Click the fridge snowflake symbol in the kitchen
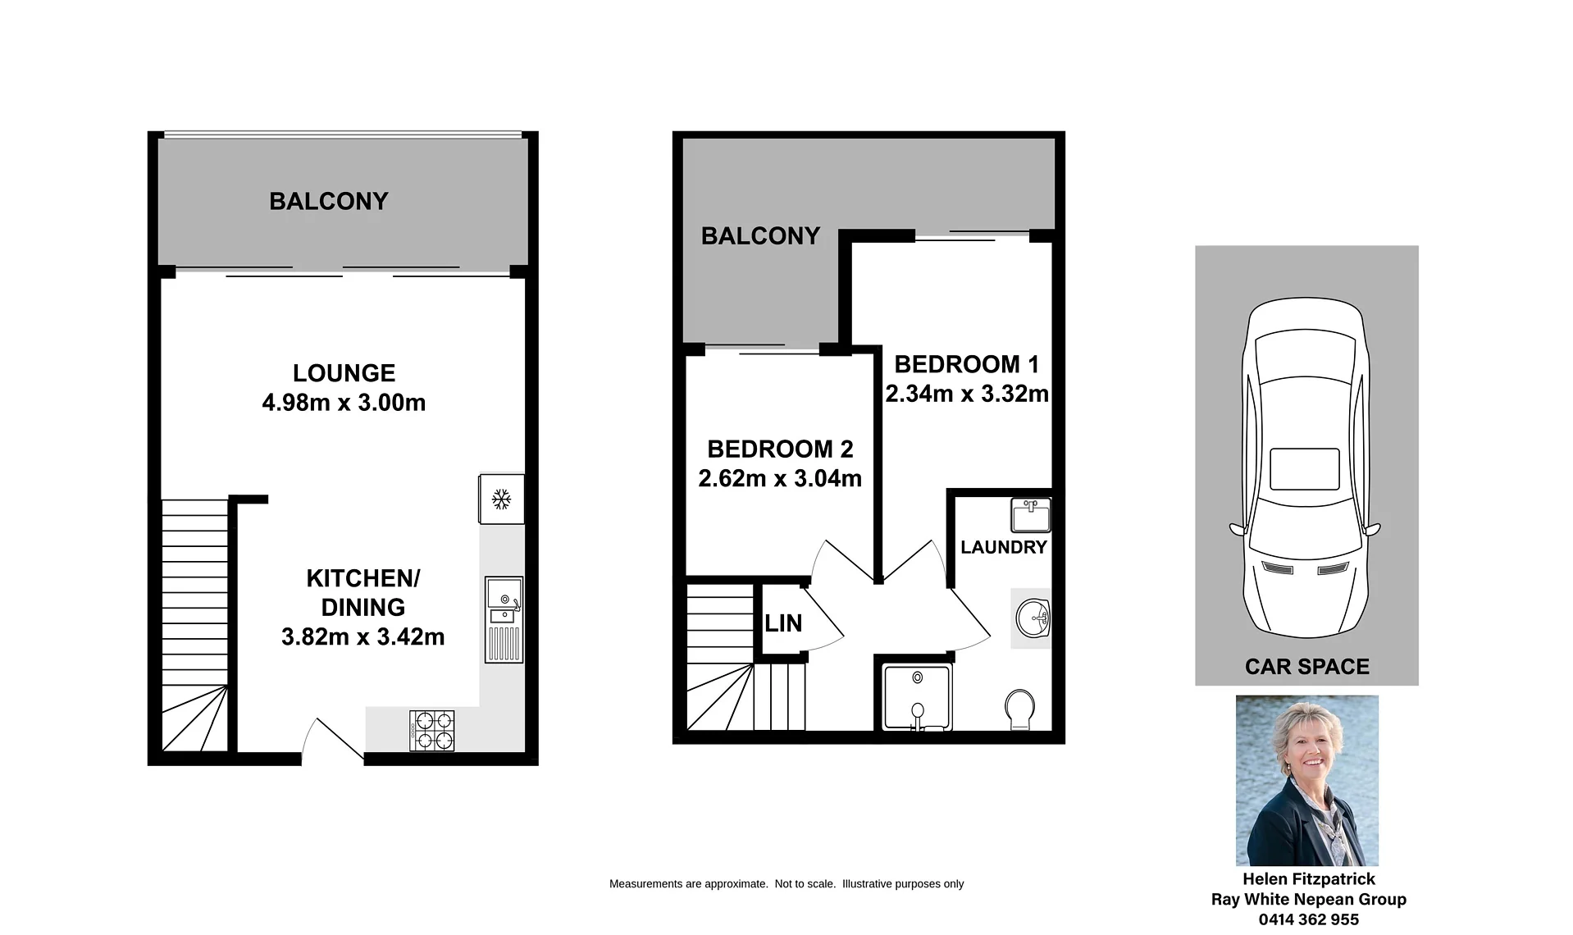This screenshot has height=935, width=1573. pyautogui.click(x=501, y=499)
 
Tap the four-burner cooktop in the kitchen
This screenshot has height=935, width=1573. pyautogui.click(x=432, y=731)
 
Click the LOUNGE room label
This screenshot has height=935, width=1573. pyautogui.click(x=344, y=373)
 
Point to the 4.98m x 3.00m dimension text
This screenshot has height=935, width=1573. pyautogui.click(x=344, y=403)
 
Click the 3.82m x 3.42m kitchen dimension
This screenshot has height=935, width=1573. pyautogui.click(x=363, y=636)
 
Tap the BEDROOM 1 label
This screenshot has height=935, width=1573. pyautogui.click(x=967, y=364)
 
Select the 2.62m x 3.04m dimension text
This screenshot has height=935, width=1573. pyautogui.click(x=780, y=478)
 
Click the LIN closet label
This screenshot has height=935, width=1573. pyautogui.click(x=783, y=623)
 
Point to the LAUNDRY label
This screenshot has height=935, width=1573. pyautogui.click(x=1004, y=547)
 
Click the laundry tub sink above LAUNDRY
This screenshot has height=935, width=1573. pyautogui.click(x=1031, y=515)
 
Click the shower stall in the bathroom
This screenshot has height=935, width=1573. pyautogui.click(x=917, y=697)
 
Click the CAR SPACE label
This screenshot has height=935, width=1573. pyautogui.click(x=1307, y=667)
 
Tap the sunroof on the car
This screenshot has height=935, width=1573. pyautogui.click(x=1305, y=469)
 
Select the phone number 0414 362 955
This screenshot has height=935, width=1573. pyautogui.click(x=1309, y=920)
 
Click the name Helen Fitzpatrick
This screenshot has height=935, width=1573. pyautogui.click(x=1309, y=879)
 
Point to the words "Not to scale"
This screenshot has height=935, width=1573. pyautogui.click(x=805, y=884)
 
